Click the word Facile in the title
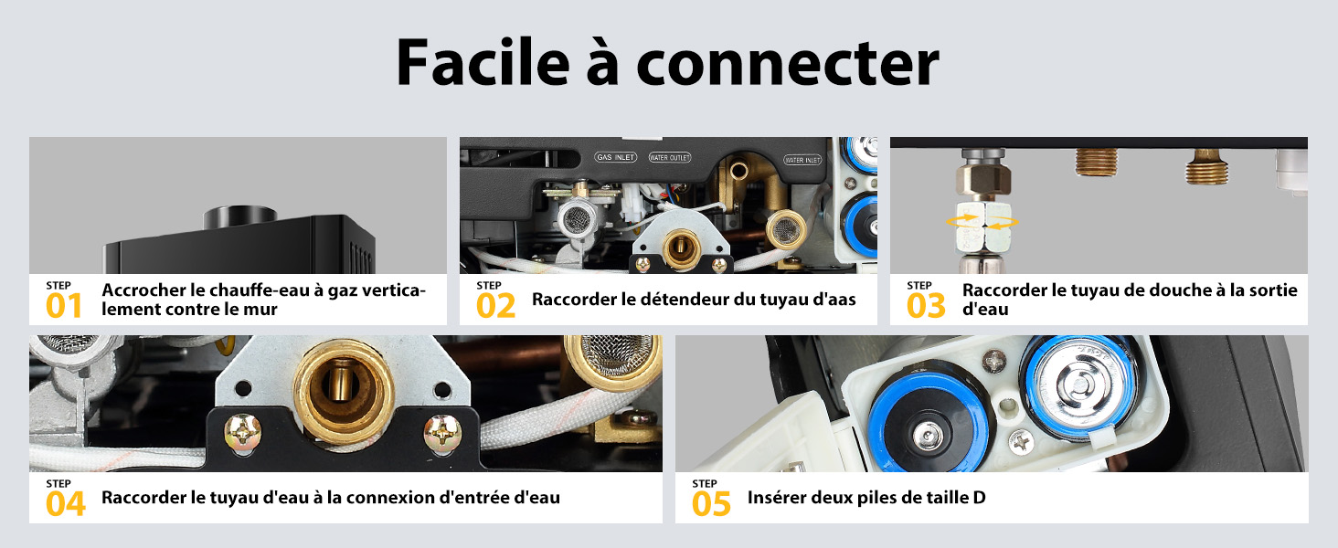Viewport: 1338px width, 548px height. [x=483, y=63]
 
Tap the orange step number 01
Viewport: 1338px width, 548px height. [x=64, y=306]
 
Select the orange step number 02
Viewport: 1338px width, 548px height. [x=495, y=306]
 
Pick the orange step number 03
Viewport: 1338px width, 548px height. [x=926, y=306]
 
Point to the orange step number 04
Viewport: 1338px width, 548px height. [x=66, y=504]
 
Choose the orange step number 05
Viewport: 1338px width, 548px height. [x=711, y=504]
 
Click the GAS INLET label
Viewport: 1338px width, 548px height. [x=616, y=157]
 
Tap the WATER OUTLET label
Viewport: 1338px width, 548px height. [x=670, y=158]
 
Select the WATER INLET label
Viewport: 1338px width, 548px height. [x=802, y=160]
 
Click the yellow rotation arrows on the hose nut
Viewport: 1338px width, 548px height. [x=982, y=222]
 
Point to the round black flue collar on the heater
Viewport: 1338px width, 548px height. [x=240, y=217]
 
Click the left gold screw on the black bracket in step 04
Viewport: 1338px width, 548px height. [x=242, y=433]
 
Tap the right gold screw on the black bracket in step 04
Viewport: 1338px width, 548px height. [x=442, y=433]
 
